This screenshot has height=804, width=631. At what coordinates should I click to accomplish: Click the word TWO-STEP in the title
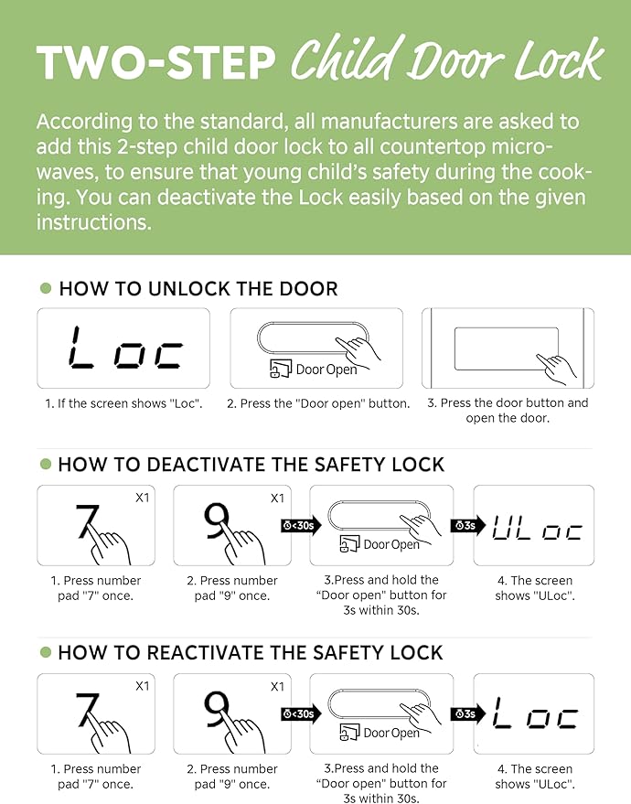click(x=156, y=62)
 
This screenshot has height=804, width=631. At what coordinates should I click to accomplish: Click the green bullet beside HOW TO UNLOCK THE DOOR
click(x=46, y=288)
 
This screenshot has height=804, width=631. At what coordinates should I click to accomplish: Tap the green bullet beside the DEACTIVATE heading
click(x=46, y=464)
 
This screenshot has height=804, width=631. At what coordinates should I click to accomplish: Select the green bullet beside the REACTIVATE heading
click(x=46, y=652)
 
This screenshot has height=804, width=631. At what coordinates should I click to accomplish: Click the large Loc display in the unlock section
click(x=125, y=348)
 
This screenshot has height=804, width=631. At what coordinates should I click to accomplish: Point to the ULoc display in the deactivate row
click(x=537, y=527)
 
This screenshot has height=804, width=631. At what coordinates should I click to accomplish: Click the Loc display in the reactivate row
click(x=535, y=713)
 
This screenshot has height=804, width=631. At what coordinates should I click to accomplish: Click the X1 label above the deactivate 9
click(x=277, y=498)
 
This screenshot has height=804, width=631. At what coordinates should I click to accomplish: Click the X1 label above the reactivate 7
click(x=143, y=686)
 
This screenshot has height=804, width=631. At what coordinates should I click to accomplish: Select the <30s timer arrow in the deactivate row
click(x=301, y=526)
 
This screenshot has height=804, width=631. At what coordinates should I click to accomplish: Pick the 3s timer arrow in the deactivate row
click(x=468, y=526)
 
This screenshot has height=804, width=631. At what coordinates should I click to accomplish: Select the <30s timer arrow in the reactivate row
click(x=301, y=713)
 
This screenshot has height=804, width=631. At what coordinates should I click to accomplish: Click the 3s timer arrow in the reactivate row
click(x=468, y=713)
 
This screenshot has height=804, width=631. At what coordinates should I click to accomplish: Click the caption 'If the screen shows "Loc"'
click(x=123, y=403)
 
